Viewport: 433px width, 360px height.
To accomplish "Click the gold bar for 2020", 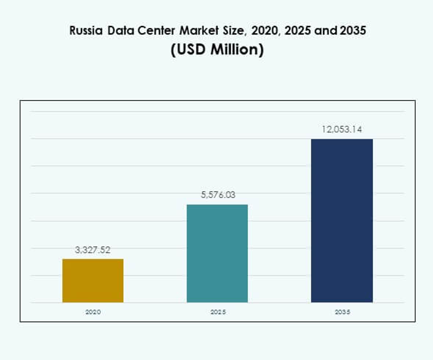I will click(x=93, y=281).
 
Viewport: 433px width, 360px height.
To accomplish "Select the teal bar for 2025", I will click(x=217, y=254).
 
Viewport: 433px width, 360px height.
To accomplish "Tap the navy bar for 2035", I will click(x=342, y=221).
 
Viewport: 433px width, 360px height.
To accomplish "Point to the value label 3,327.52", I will click(x=93, y=250).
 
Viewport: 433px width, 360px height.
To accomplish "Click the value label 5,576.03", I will click(x=218, y=195).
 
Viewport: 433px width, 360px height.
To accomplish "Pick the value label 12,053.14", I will click(x=342, y=129).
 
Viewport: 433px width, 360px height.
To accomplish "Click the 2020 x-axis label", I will click(x=93, y=312).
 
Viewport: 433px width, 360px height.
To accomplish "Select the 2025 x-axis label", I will click(x=218, y=312).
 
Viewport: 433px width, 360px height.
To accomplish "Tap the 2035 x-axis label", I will click(x=342, y=312).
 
